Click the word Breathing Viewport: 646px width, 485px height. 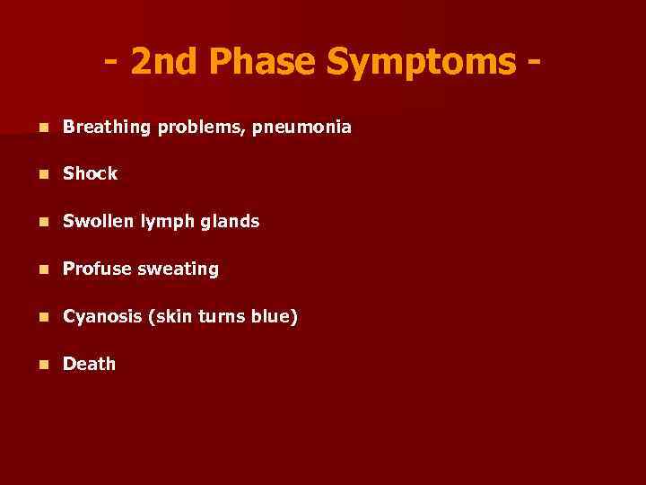click(108, 128)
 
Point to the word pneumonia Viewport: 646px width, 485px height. click(302, 128)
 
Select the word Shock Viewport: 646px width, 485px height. click(90, 174)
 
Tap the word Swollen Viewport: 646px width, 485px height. click(99, 221)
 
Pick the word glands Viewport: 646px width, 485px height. click(231, 221)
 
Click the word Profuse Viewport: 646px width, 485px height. click(97, 269)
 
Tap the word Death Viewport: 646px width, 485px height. click(89, 364)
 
